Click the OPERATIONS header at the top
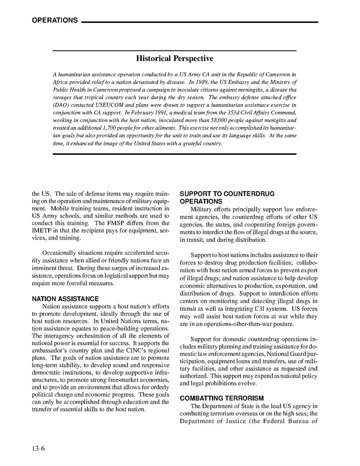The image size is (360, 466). coord(55,21)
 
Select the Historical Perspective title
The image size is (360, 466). coord(175,59)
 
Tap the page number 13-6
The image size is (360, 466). coord(38,448)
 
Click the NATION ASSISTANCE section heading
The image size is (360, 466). coord(65,299)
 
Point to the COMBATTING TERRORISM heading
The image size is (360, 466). coord(222,398)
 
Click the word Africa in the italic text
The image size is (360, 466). coord(60,82)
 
